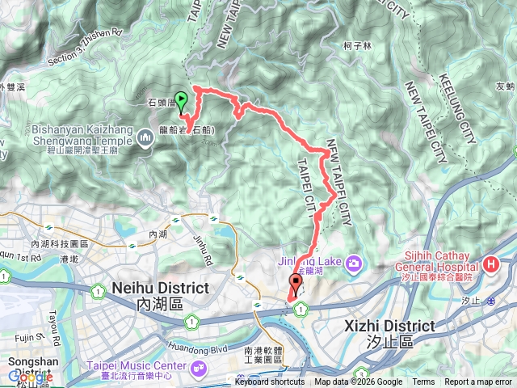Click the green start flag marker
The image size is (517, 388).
tap(182, 101)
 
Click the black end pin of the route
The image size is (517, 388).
tap(296, 284)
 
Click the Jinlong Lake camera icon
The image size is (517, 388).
tap(354, 264)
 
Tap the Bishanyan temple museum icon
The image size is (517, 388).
tap(146, 138)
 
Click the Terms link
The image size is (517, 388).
tap(423, 382)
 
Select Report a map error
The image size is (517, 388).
tap(478, 382)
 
